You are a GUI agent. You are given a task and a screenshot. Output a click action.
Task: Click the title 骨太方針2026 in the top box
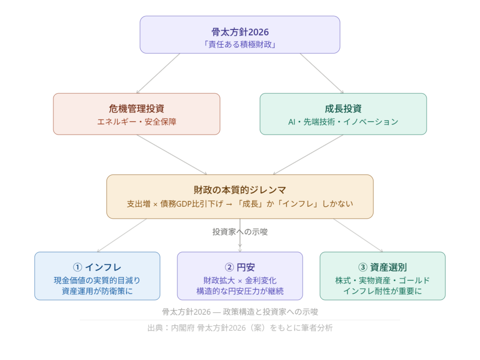(240, 32)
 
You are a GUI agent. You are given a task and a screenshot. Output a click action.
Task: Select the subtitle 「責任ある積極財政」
(240, 45)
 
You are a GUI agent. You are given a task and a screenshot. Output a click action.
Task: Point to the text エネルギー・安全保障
(136, 122)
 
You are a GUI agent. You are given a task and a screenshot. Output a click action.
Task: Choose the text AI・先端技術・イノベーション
(343, 122)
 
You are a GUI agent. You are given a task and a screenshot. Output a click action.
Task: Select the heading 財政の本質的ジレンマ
(240, 190)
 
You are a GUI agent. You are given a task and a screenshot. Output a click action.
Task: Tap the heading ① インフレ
(97, 268)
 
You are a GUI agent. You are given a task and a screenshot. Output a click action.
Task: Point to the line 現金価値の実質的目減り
(97, 280)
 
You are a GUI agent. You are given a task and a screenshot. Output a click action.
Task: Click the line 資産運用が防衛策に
(97, 291)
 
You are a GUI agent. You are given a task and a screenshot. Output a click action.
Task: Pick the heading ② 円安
(240, 268)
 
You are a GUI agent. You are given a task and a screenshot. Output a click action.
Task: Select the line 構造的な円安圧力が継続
(240, 291)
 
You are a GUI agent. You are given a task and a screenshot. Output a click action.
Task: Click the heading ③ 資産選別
(382, 268)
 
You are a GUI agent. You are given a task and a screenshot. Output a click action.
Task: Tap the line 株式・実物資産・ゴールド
(382, 280)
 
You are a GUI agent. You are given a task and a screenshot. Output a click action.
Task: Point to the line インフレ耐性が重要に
(382, 291)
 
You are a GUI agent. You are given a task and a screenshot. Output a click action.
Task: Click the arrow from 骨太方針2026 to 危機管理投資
(157, 73)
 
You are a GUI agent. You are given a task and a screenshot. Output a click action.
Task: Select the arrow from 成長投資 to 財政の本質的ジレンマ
(308, 155)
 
